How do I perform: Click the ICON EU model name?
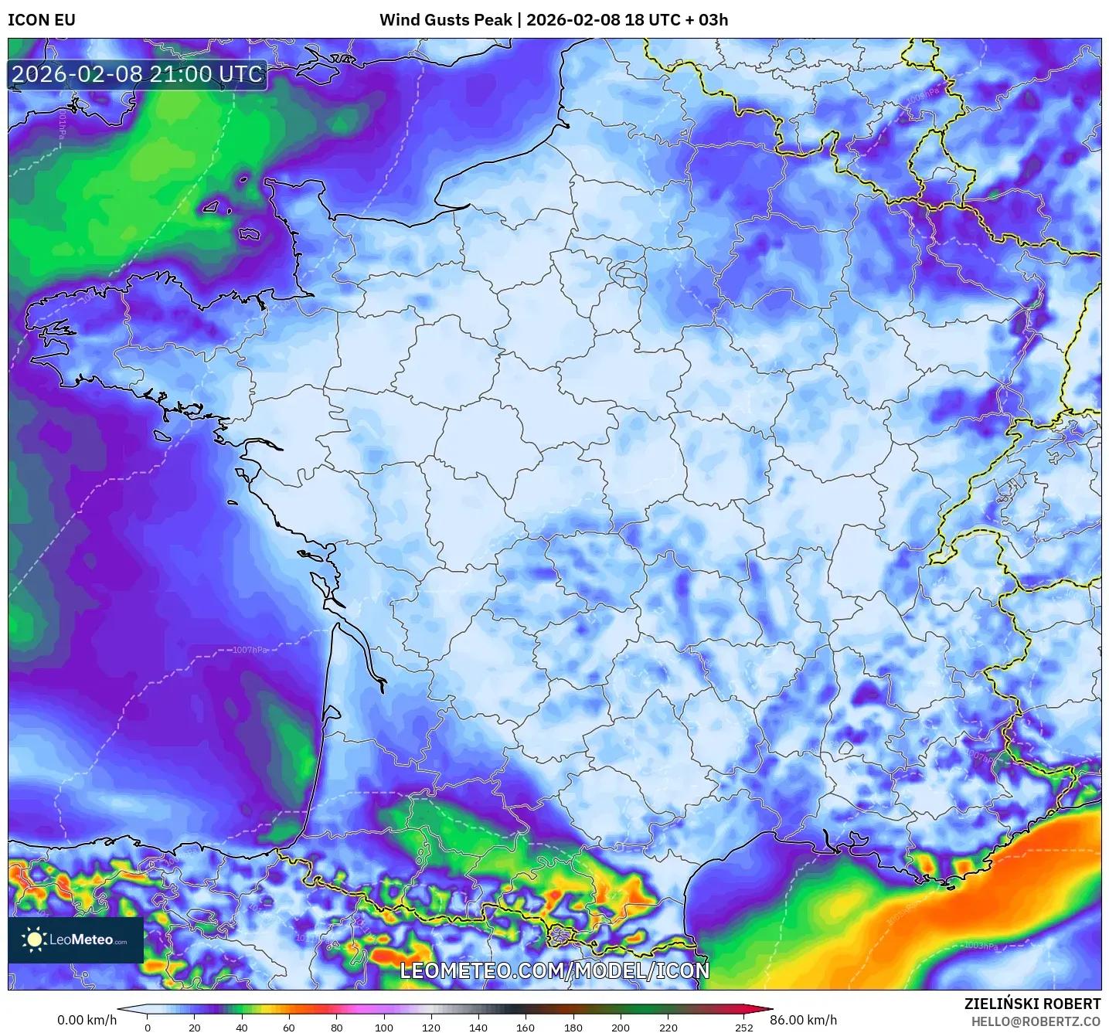pyautogui.click(x=42, y=20)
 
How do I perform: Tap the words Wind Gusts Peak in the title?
pyautogui.click(x=445, y=20)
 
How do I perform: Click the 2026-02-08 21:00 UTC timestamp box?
pyautogui.click(x=138, y=74)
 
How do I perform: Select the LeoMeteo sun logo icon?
pyautogui.click(x=35, y=940)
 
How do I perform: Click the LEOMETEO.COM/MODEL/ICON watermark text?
pyautogui.click(x=554, y=970)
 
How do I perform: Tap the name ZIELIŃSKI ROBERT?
pyautogui.click(x=1032, y=1004)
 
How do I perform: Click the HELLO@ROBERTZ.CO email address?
pyautogui.click(x=1036, y=1021)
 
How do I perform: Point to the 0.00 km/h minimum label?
pyautogui.click(x=87, y=1020)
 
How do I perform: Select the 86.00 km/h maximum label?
pyautogui.click(x=803, y=1020)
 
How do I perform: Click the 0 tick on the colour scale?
pyautogui.click(x=148, y=1028)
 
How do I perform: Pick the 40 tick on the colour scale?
pyautogui.click(x=242, y=1028)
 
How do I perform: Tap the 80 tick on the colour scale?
pyautogui.click(x=337, y=1028)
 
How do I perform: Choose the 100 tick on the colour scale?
pyautogui.click(x=384, y=1028)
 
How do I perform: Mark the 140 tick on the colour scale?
pyautogui.click(x=478, y=1028)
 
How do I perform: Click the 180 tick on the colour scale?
pyautogui.click(x=573, y=1028)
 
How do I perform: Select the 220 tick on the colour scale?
pyautogui.click(x=668, y=1028)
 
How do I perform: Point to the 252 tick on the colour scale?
pyautogui.click(x=743, y=1028)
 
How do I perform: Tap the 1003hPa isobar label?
pyautogui.click(x=981, y=946)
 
